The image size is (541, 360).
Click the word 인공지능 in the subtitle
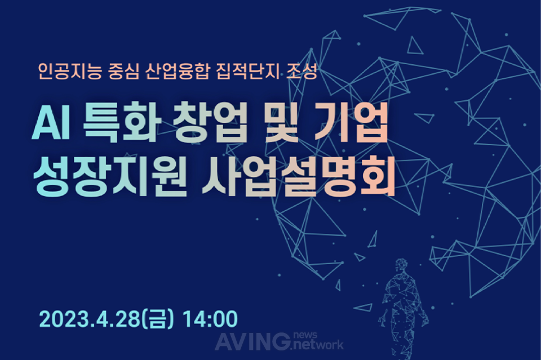70,72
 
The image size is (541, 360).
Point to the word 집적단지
248,72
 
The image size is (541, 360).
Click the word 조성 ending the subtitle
301,72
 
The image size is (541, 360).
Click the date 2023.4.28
90,319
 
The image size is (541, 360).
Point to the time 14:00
210,319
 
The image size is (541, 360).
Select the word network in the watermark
318,344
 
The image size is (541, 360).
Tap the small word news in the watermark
305,335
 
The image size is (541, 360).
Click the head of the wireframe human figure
401,265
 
